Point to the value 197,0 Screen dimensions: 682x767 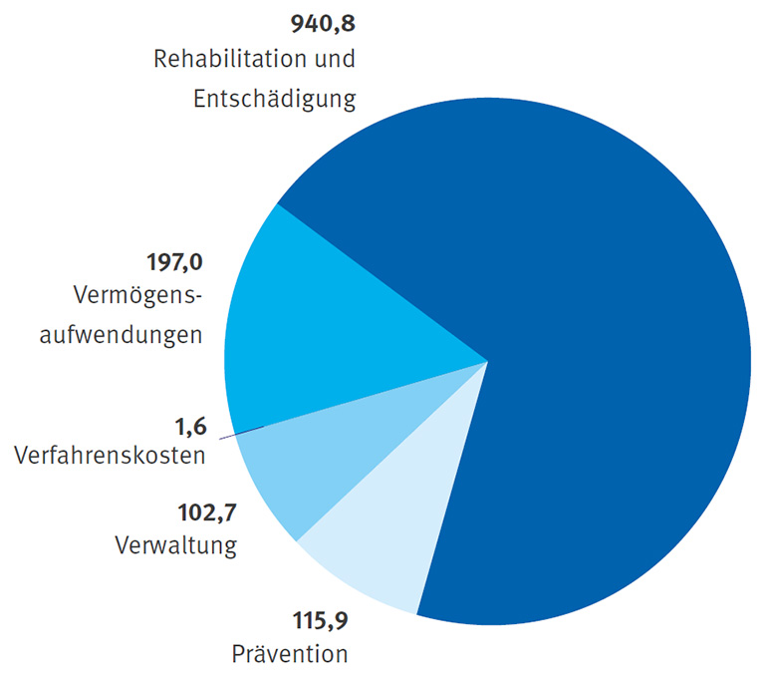pyautogui.click(x=173, y=264)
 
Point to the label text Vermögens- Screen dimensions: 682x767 pyautogui.click(x=137, y=297)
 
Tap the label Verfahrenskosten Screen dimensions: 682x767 pyautogui.click(x=110, y=457)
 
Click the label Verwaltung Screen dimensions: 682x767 pyautogui.click(x=175, y=546)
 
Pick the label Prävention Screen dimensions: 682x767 pyautogui.click(x=290, y=655)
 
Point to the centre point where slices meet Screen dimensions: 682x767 pyautogui.click(x=488, y=361)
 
